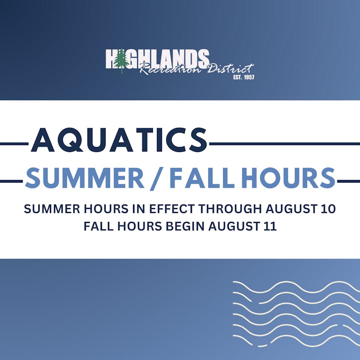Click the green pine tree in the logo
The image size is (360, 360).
click(120, 61)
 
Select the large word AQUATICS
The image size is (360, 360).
click(119, 140)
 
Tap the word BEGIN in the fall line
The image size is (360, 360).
click(185, 226)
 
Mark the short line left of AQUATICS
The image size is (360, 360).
click(15, 144)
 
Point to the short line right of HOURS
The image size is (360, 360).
click(348, 181)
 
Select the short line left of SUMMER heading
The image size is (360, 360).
click(12, 181)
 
